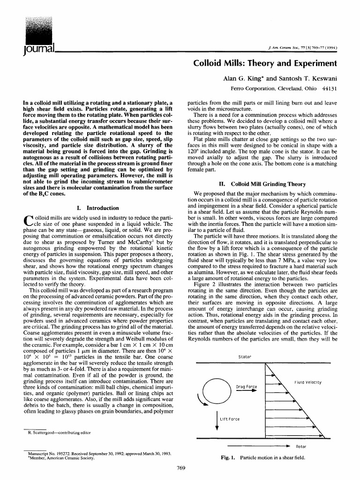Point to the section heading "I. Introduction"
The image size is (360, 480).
(x=97, y=208)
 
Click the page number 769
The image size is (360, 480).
(x=180, y=467)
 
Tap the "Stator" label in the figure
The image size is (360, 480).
(x=245, y=357)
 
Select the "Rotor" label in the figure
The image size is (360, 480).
(x=300, y=446)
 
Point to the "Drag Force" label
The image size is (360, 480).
(x=246, y=387)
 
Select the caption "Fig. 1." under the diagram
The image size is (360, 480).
(x=229, y=457)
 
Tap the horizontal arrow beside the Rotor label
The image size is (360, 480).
(x=257, y=446)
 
